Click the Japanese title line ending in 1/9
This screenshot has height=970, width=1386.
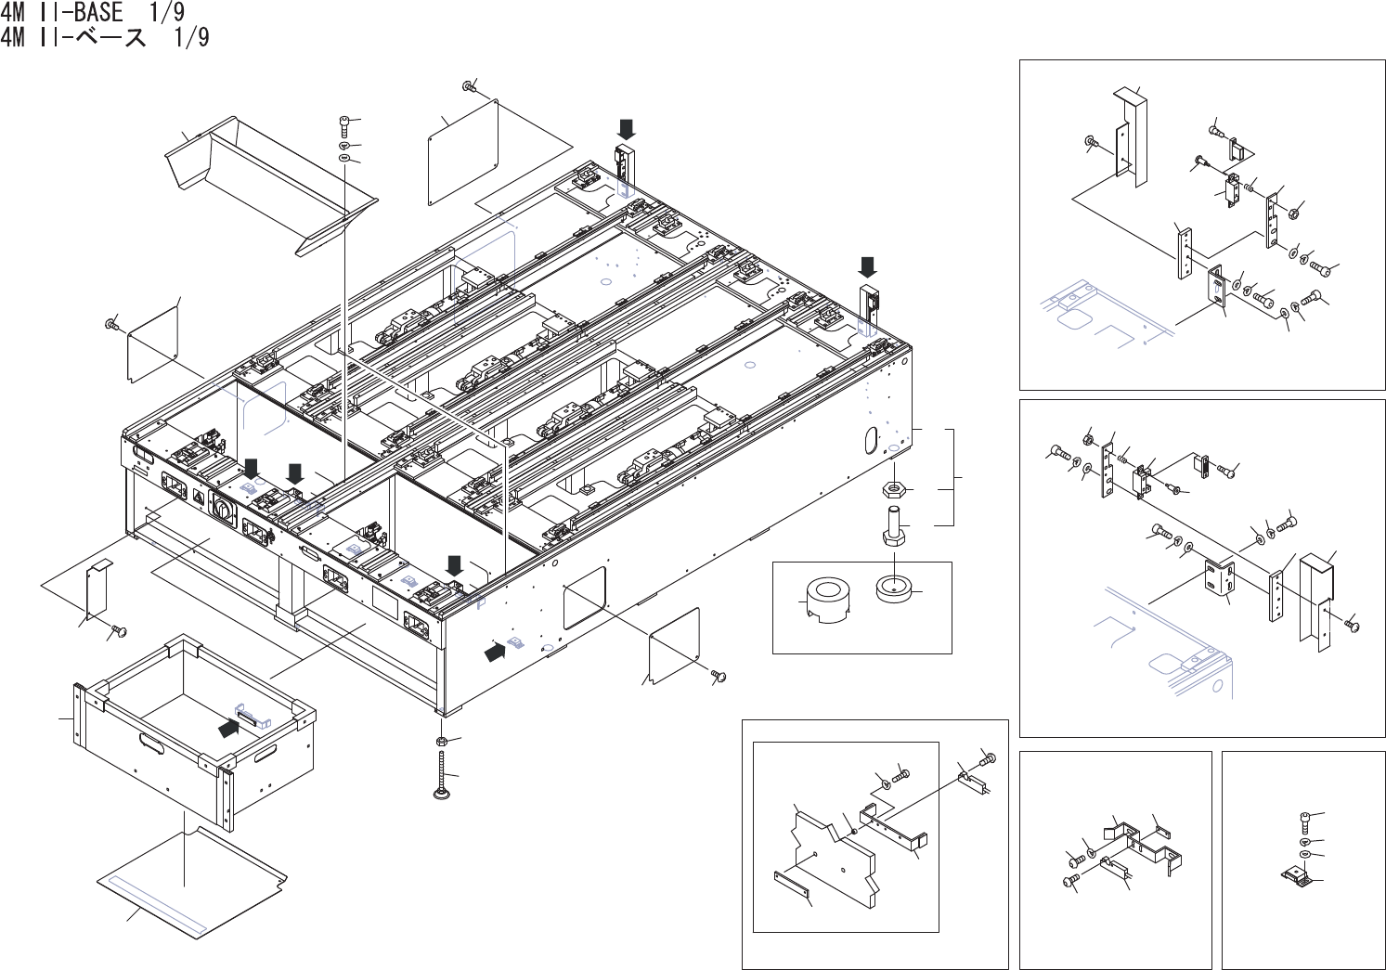point(105,38)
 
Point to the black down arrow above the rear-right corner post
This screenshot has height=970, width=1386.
point(867,266)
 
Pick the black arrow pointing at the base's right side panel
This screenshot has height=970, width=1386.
point(497,652)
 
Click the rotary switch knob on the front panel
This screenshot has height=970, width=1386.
point(223,507)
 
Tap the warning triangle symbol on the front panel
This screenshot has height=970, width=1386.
point(199,497)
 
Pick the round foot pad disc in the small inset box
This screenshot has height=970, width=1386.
point(894,588)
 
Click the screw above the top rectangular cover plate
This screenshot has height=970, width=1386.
point(470,86)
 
